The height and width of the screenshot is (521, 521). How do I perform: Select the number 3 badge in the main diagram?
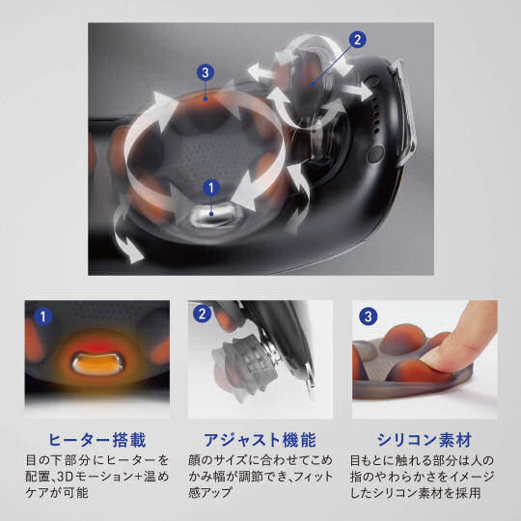pyautogui.click(x=203, y=70)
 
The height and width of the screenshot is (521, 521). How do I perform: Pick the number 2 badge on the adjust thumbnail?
pyautogui.click(x=202, y=314)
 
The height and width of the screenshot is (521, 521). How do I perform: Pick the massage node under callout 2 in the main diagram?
pyautogui.click(x=309, y=82)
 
